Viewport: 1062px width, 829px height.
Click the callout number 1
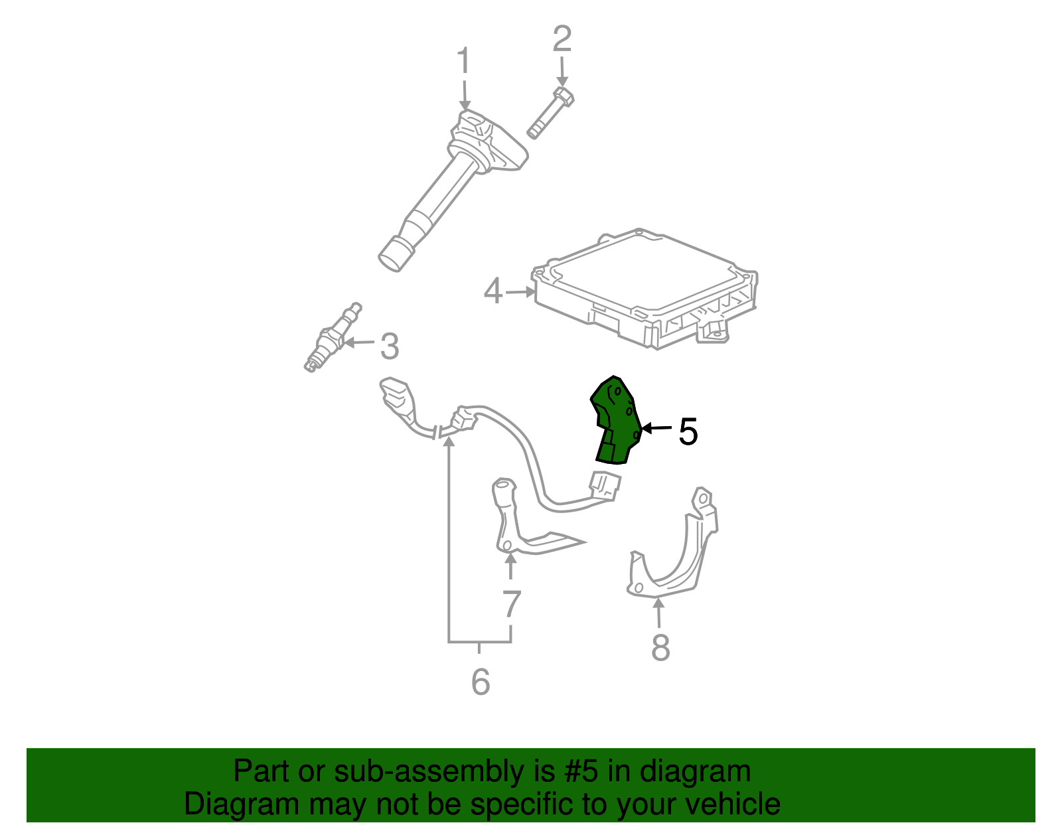pos(463,61)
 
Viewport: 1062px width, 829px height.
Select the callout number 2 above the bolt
pos(562,39)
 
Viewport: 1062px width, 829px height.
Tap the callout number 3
pos(390,346)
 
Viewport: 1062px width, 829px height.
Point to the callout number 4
pos(493,291)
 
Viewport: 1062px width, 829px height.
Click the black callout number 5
pos(688,432)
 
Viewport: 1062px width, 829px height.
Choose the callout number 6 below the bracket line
pos(480,682)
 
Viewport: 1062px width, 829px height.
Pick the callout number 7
pos(511,604)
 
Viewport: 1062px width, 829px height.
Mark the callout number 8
pos(660,647)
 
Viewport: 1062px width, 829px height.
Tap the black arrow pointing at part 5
pos(656,429)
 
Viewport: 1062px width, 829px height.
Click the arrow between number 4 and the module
pos(520,291)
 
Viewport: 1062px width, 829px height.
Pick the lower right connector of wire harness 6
pos(604,486)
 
